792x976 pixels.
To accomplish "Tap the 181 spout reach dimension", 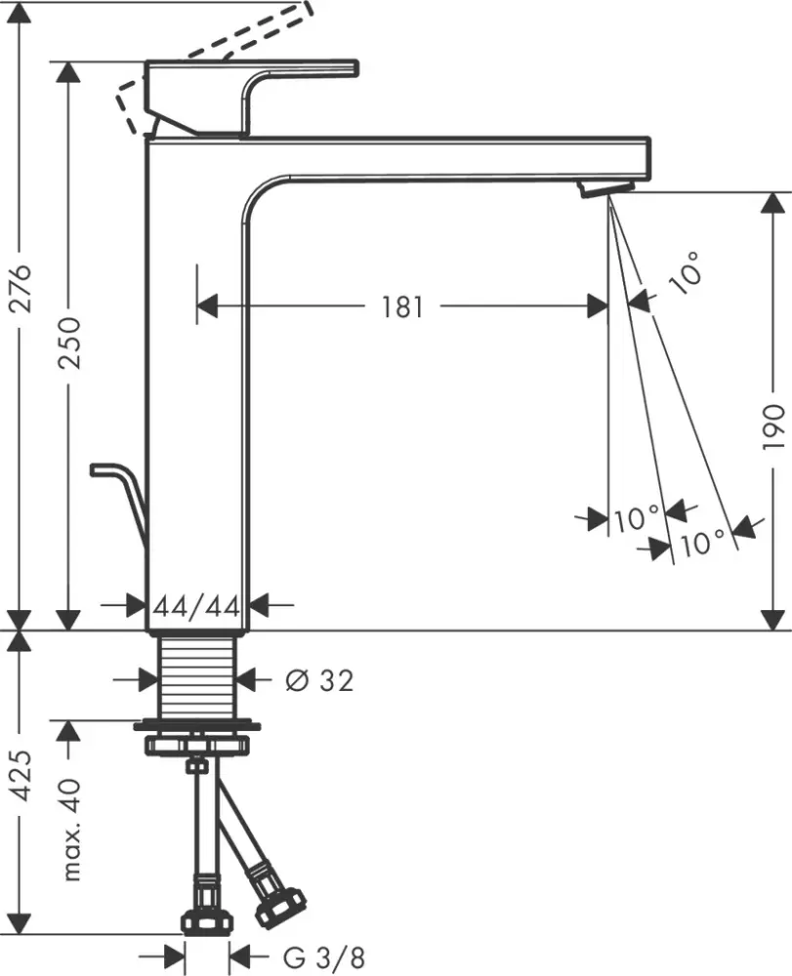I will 401,307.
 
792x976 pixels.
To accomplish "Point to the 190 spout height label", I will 771,425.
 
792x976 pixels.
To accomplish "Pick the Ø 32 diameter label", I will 318,680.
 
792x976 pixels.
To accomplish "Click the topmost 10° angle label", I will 687,271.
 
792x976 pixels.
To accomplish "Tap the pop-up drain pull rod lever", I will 122,488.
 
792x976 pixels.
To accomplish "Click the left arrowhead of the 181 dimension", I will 206,307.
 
